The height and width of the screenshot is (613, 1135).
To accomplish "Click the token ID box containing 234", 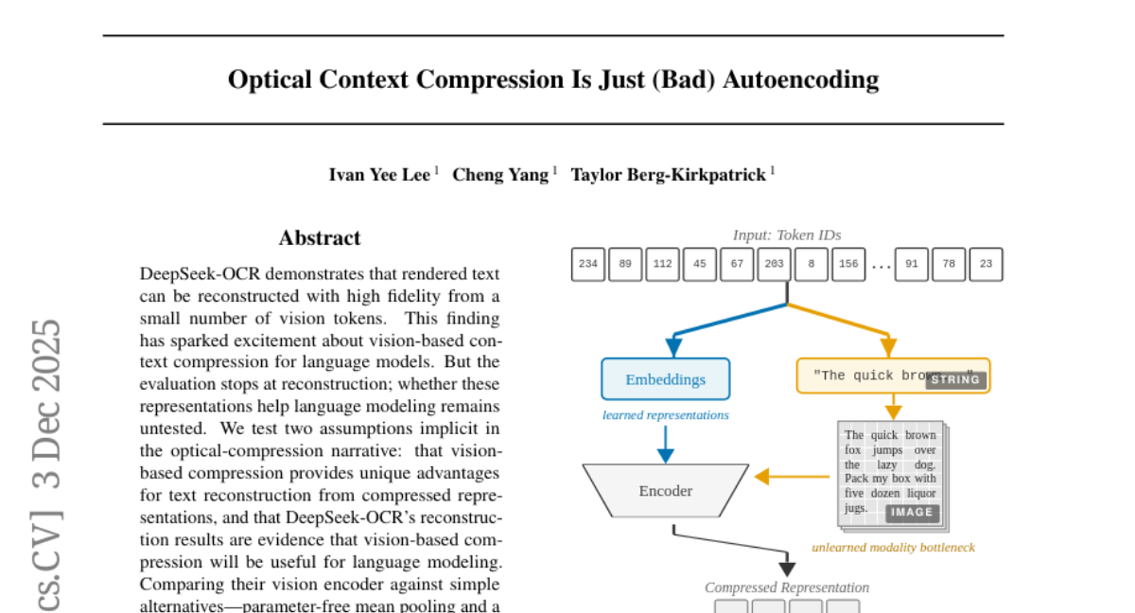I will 588,265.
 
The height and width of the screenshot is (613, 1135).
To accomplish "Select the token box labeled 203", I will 774,265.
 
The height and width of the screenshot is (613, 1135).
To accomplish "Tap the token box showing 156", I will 848,265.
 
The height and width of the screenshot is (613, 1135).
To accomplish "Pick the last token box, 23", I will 986,265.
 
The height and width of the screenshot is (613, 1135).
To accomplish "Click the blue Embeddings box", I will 666,379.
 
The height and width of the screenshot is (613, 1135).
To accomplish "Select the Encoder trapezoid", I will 666,491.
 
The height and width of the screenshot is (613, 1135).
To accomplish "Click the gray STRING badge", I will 955,380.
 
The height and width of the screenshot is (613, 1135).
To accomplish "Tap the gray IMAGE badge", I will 913,513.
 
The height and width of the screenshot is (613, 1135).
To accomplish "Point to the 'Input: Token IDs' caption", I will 787,235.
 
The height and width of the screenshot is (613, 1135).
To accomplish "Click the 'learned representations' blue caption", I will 666,414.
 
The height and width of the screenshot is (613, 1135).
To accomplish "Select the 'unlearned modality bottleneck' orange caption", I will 893,547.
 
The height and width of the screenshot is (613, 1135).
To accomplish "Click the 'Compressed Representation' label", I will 787,587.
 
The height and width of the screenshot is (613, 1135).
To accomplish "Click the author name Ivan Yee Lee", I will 379,175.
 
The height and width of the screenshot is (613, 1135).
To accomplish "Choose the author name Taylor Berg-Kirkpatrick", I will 669,175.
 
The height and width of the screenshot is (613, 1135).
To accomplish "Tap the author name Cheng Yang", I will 500,175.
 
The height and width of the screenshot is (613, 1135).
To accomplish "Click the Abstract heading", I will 320,238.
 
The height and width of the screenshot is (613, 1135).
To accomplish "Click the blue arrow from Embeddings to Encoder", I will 666,443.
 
